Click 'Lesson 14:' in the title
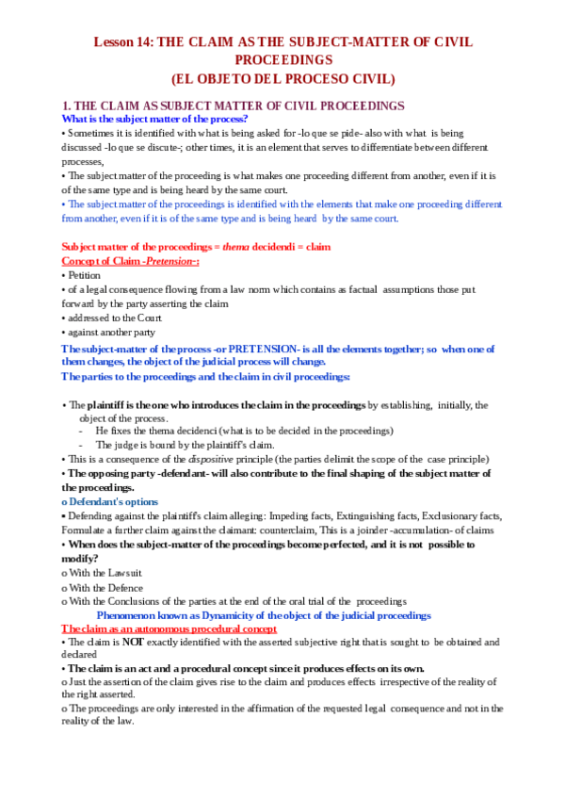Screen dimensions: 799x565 (121, 42)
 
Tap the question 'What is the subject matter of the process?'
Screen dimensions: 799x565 (154, 119)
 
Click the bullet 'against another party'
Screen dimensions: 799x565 (111, 332)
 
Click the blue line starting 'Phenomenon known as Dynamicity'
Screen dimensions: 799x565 (264, 615)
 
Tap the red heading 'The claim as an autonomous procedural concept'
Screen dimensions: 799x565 (169, 628)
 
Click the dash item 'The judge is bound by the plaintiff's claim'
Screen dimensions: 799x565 (186, 445)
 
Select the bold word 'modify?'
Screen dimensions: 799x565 (82, 559)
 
